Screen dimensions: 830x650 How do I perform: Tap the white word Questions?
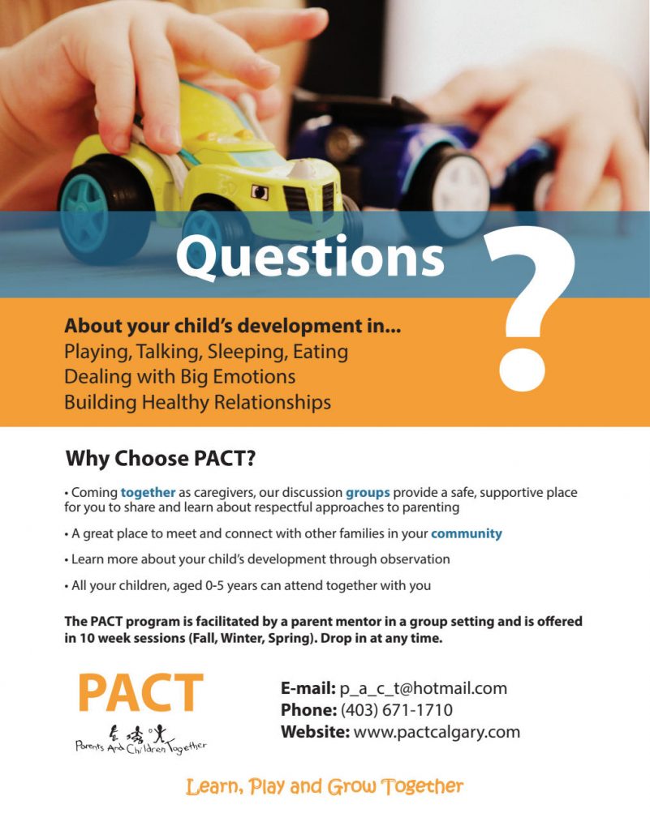tap(310, 257)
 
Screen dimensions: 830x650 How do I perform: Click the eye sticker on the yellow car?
tap(260, 192)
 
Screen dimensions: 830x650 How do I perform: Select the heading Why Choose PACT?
tap(161, 459)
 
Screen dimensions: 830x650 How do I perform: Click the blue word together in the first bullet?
tap(148, 492)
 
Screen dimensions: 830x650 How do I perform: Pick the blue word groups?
tap(368, 492)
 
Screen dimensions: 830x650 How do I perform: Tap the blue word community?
tap(466, 533)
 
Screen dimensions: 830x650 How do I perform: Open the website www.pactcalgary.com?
tap(436, 732)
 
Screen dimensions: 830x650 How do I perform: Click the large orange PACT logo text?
tap(140, 694)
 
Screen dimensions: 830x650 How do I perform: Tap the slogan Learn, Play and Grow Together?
tap(325, 786)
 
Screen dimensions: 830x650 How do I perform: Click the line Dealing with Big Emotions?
tap(179, 377)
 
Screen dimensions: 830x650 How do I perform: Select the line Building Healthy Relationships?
tap(197, 402)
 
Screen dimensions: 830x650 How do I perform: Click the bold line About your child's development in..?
tap(232, 327)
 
